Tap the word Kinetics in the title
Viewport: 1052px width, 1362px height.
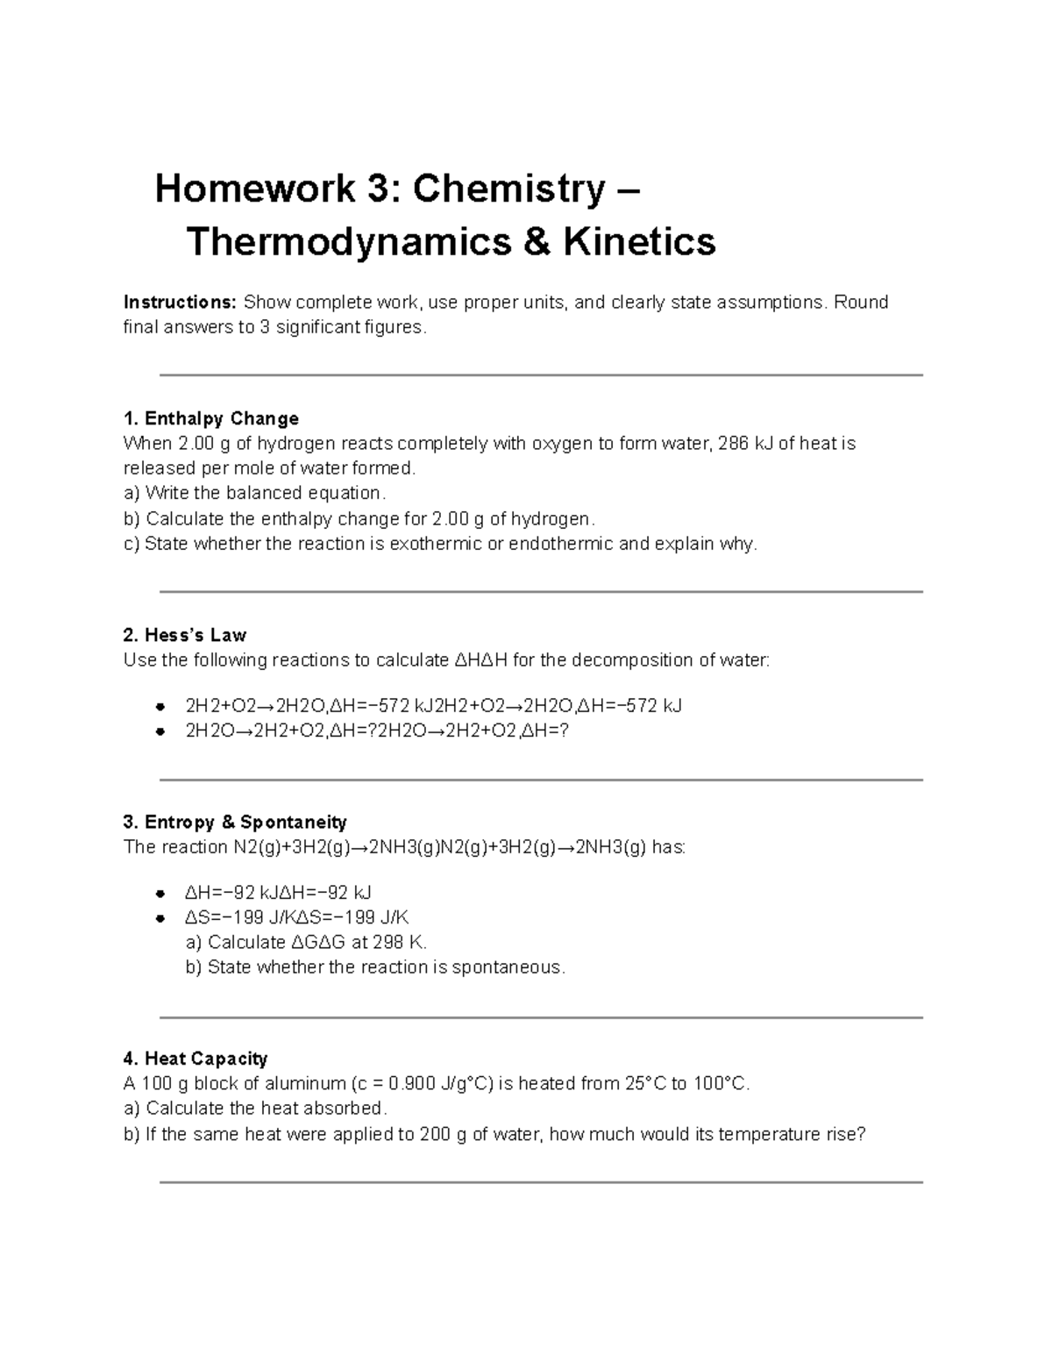coord(639,241)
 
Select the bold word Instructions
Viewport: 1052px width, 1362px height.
coord(180,303)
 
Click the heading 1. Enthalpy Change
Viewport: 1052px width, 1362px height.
coord(211,418)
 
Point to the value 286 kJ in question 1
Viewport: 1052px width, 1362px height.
coord(745,444)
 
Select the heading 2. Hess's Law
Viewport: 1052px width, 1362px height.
coord(185,635)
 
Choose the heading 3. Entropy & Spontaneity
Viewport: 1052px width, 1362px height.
coord(235,822)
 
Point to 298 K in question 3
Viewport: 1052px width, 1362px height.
coord(399,943)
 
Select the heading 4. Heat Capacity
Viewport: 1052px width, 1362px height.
coord(195,1059)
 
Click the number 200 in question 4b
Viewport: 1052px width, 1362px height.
coord(436,1134)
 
